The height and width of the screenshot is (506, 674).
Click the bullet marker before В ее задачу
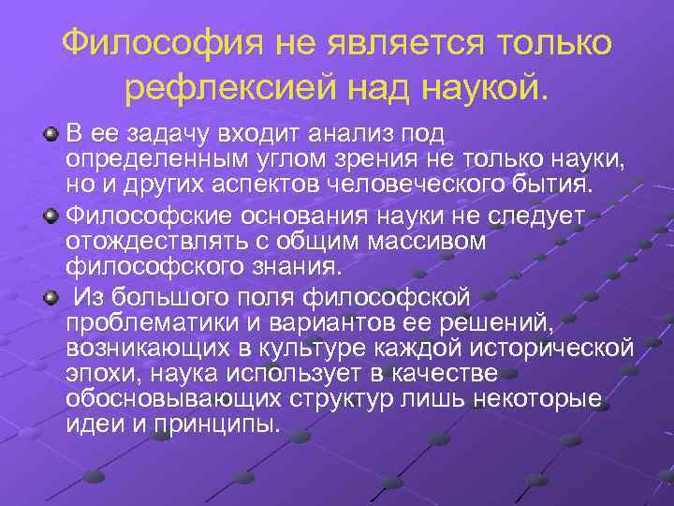click(51, 135)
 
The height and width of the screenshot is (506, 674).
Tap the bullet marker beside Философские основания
click(51, 217)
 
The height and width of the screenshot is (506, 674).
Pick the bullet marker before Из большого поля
click(51, 299)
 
